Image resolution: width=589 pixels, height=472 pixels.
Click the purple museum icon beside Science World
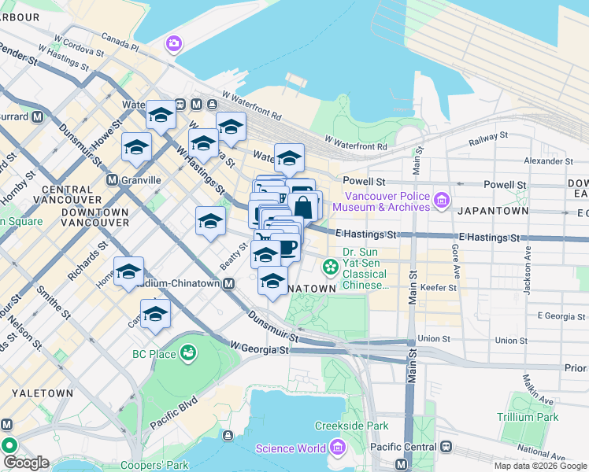338,448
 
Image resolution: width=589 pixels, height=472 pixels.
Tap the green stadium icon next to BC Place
189,354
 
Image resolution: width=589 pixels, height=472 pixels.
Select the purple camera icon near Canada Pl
173,44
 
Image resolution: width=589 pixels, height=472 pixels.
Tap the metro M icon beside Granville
112,179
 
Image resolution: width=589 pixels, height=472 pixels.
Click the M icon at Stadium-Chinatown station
229,283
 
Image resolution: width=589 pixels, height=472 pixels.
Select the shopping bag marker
303,207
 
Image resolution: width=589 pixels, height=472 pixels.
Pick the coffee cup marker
286,247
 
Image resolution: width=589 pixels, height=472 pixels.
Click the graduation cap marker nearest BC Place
156,314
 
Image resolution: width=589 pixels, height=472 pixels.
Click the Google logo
26,463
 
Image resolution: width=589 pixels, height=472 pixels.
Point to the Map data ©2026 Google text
539,466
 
